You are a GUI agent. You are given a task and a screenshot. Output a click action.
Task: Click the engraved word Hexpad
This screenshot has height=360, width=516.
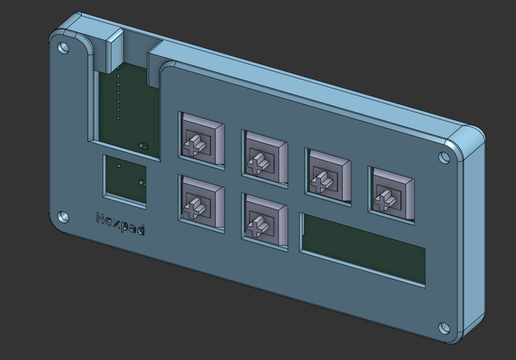121,223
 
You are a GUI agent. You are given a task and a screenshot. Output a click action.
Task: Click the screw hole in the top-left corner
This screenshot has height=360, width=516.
64,47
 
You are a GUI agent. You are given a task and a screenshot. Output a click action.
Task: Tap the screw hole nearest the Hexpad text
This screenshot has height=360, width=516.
64,216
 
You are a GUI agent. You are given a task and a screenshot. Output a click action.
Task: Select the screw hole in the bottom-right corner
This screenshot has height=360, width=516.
444,328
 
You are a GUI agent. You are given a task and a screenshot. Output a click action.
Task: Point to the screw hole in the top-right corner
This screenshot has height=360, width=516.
444,158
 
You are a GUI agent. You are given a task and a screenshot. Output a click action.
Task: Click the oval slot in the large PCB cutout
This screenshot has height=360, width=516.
144,146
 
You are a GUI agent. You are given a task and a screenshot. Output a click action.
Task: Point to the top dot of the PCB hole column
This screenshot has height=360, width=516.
118,68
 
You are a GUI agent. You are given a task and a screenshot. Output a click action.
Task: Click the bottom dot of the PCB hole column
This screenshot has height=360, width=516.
118,118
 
